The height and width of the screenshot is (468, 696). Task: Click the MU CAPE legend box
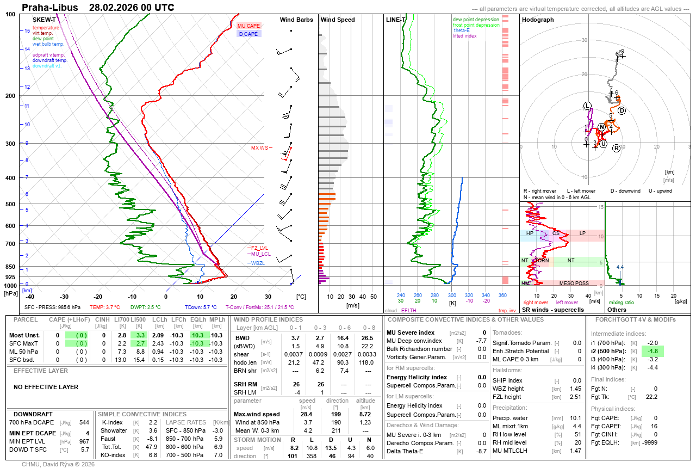tap(248, 26)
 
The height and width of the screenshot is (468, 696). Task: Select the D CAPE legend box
tap(248, 34)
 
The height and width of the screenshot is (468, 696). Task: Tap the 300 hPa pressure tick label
tap(10, 144)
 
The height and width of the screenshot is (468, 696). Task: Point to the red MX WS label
tap(259, 148)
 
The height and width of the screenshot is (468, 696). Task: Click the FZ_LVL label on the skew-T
tap(259, 248)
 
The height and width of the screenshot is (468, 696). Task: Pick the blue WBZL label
tap(258, 263)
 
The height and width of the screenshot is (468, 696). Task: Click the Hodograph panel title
tap(538, 20)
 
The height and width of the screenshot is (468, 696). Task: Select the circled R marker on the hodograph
tap(616, 148)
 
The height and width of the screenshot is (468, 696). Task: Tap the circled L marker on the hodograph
tap(587, 105)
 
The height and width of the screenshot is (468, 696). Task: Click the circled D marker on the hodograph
tap(622, 111)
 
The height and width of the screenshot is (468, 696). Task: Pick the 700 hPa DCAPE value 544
tap(84, 422)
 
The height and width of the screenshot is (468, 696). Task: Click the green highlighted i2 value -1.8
tap(652, 351)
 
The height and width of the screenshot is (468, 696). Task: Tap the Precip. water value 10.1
tap(575, 418)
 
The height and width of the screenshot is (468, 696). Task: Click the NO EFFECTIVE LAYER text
tap(46, 387)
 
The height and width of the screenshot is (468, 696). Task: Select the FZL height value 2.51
tap(575, 397)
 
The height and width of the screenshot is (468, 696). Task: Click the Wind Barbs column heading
tap(296, 20)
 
